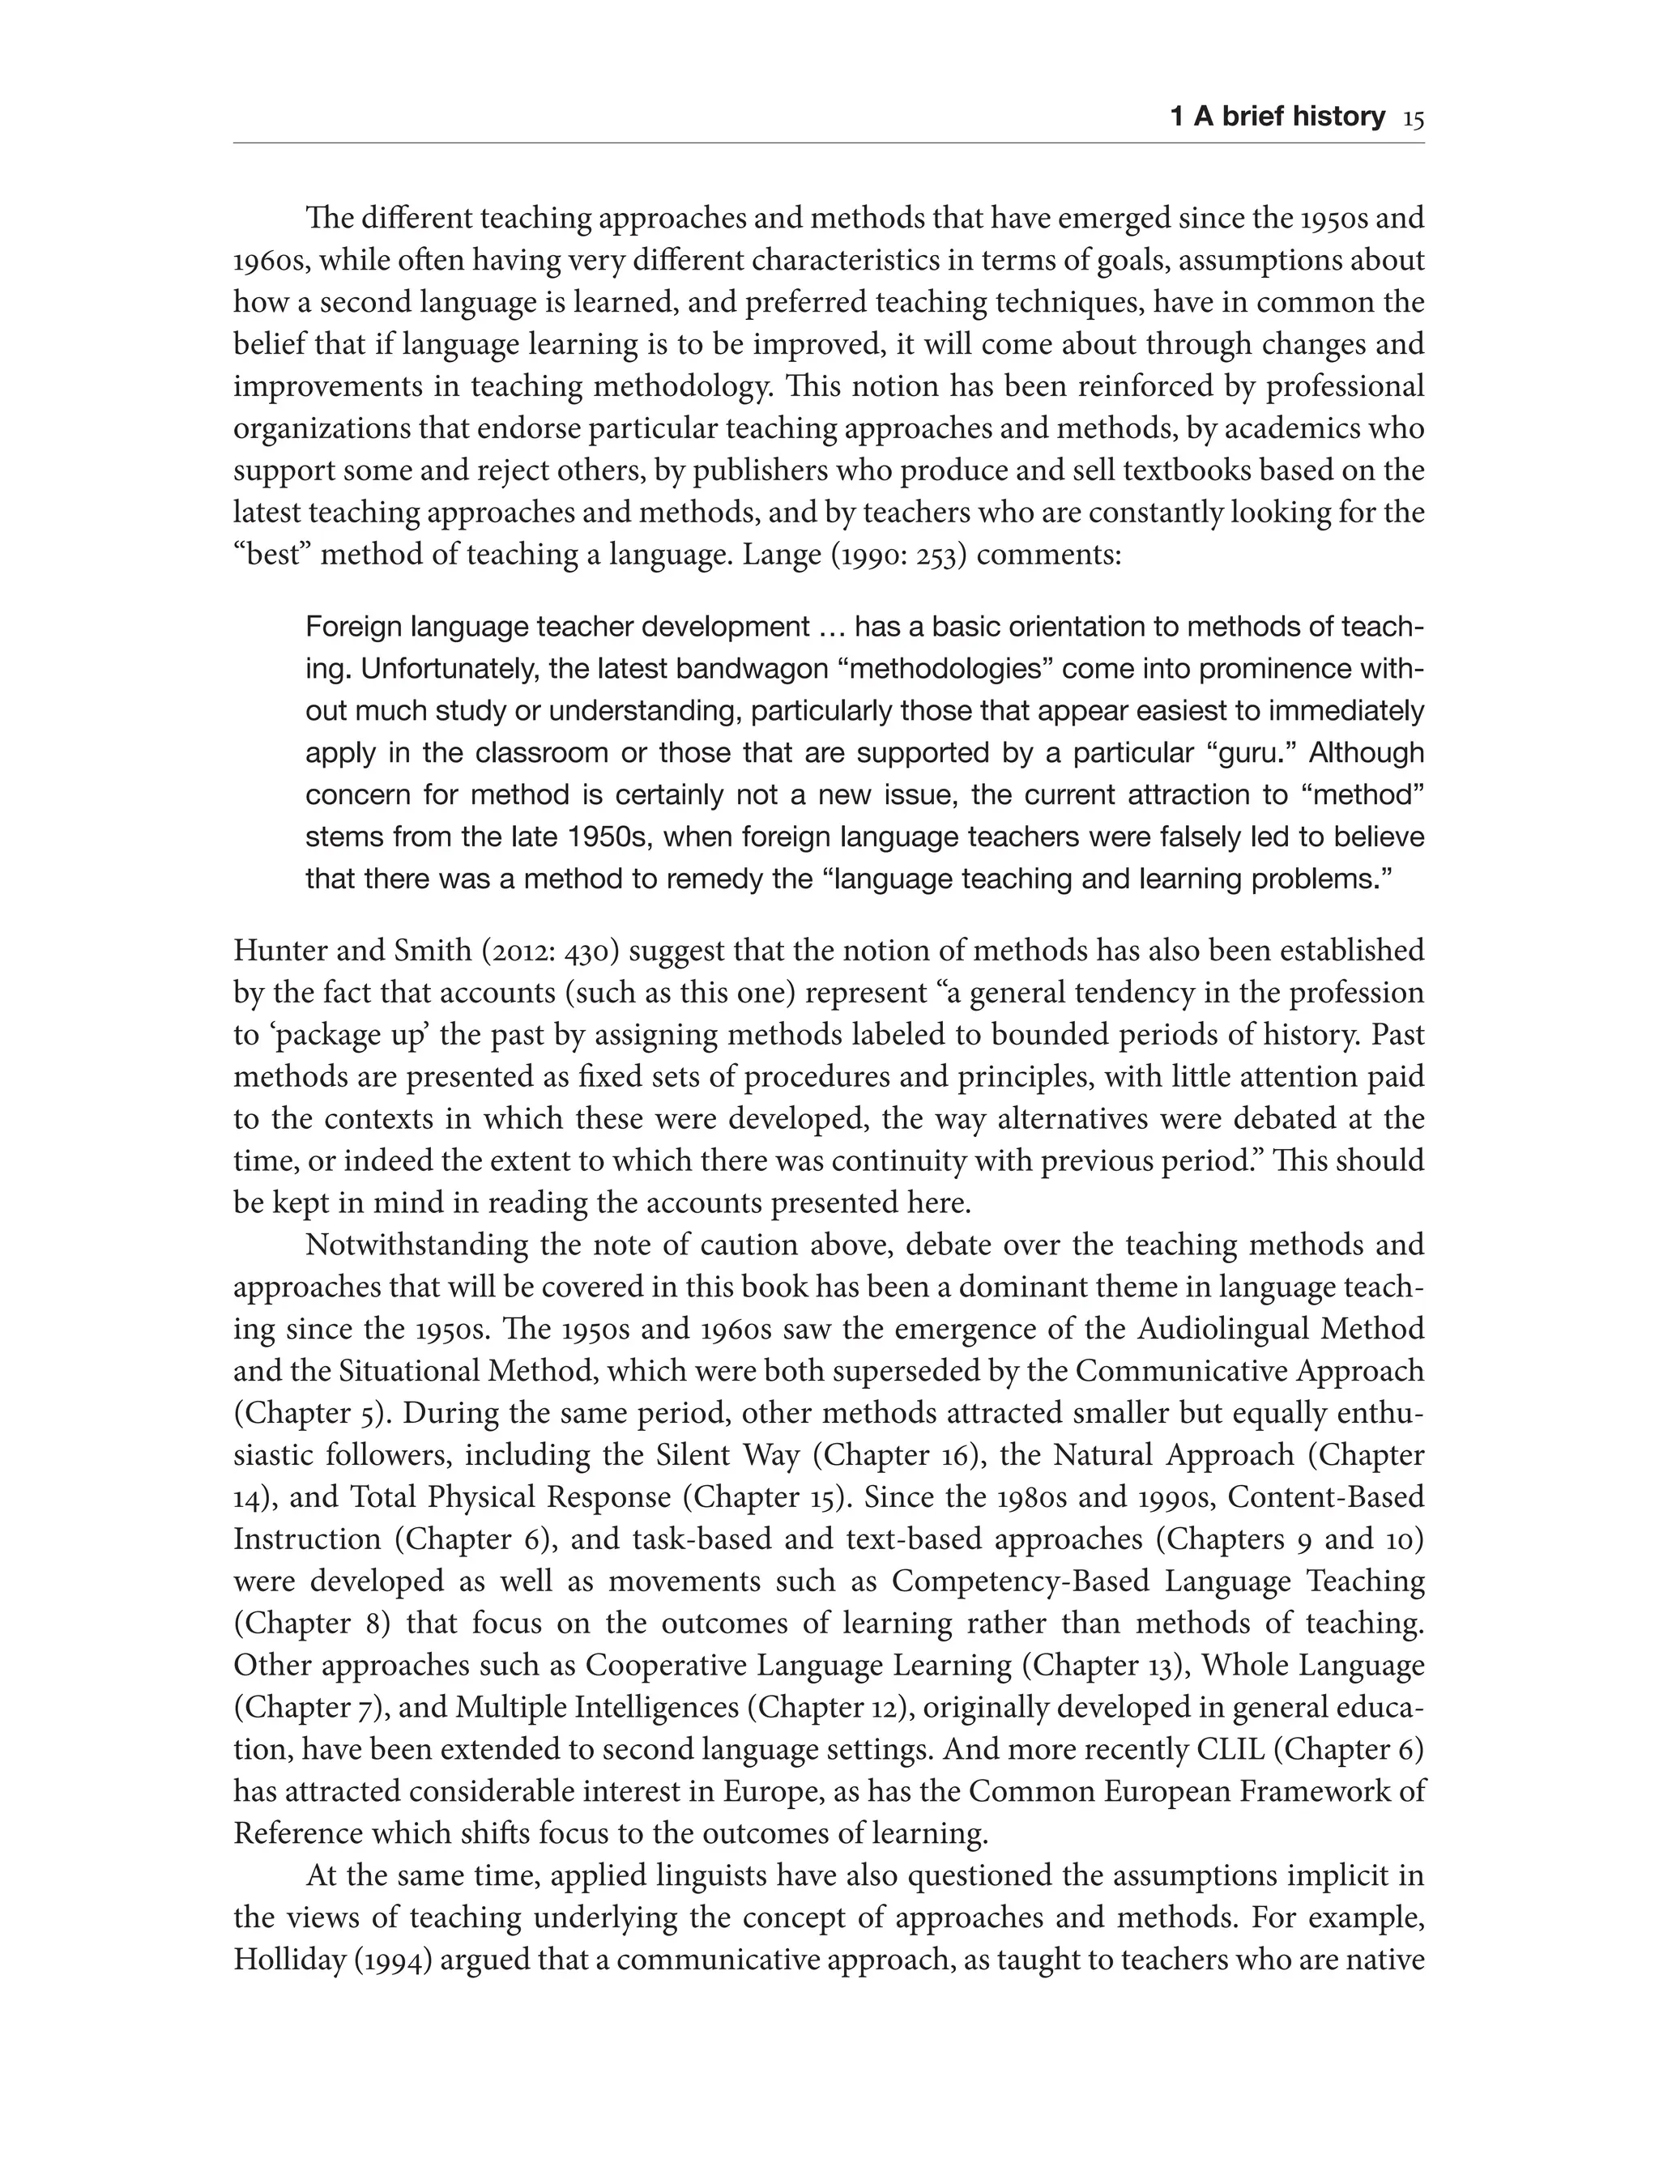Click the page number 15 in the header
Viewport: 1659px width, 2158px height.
1412,118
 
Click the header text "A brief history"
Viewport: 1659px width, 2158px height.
1290,117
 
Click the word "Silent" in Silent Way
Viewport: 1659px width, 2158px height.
689,1456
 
